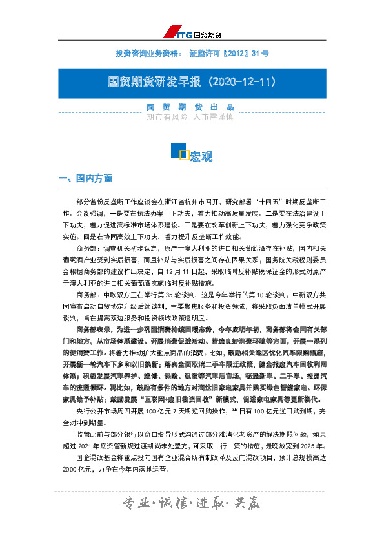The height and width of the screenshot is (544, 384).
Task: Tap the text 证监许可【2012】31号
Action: pyautogui.click(x=229, y=53)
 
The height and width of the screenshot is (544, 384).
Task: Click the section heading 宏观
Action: pyautogui.click(x=201, y=156)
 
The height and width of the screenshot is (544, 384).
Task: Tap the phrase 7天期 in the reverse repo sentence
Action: pyautogui.click(x=185, y=392)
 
